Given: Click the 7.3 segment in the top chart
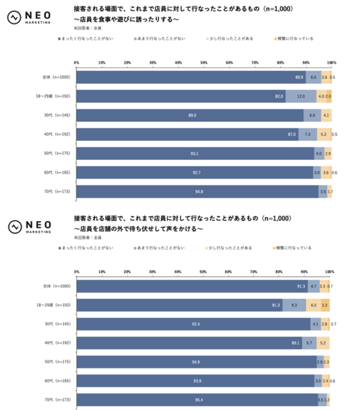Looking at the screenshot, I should [x=307, y=135].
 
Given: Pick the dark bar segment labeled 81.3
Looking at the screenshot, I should [x=180, y=305].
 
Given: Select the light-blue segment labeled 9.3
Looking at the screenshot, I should [x=294, y=305].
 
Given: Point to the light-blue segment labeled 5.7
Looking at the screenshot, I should [x=310, y=343].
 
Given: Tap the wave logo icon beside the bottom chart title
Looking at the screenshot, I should [x=14, y=225].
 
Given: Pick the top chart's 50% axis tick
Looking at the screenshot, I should [x=204, y=62].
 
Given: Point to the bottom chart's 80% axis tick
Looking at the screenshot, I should [x=280, y=271].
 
